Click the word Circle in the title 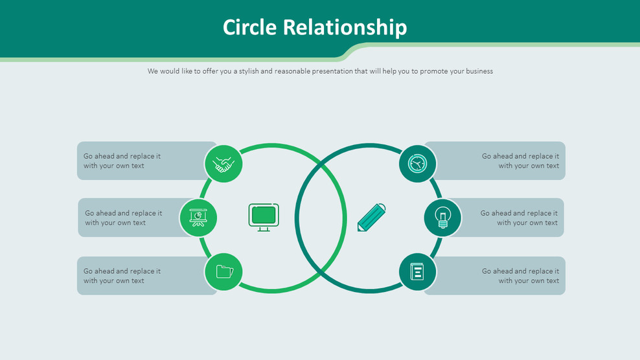coord(250,27)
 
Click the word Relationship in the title coord(345,27)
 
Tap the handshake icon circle coord(223,164)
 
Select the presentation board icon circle coord(198,218)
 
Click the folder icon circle coord(223,271)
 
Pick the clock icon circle coord(417,163)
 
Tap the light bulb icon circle coord(442,218)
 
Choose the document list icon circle coord(417,272)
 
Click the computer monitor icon coord(264,217)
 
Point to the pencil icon coord(372,218)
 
